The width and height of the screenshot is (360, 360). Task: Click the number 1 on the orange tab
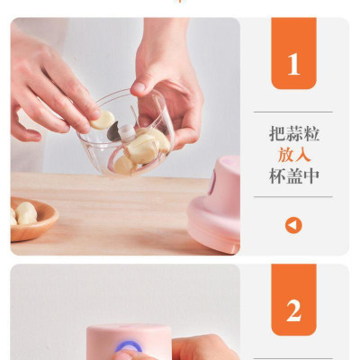click(293, 64)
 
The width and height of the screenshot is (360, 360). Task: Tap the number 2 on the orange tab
click(293, 310)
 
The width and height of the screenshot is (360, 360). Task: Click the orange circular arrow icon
click(293, 225)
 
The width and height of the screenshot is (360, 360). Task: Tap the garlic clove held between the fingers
click(104, 120)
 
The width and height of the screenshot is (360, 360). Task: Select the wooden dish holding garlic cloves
click(31, 220)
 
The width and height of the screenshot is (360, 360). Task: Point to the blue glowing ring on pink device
click(126, 346)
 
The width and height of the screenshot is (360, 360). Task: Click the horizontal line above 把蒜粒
click(293, 112)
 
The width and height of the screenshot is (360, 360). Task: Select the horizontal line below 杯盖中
click(293, 197)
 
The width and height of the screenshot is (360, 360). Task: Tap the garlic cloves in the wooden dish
click(24, 213)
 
